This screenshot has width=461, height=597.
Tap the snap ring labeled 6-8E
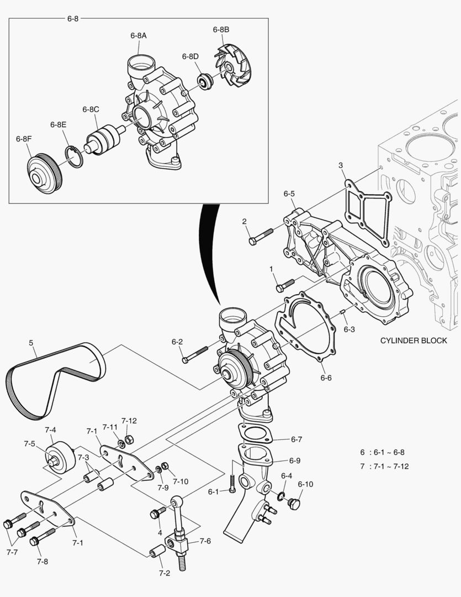click(x=74, y=155)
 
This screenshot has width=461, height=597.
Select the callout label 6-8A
click(x=139, y=35)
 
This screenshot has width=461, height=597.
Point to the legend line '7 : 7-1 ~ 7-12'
click(x=384, y=466)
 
